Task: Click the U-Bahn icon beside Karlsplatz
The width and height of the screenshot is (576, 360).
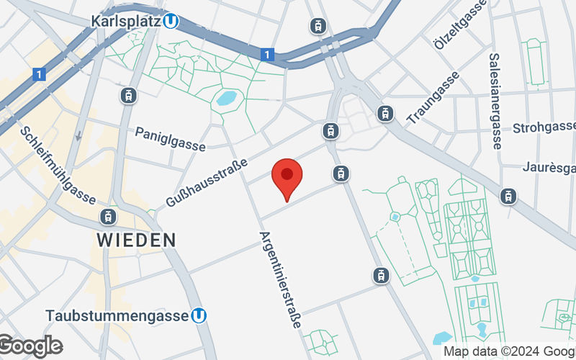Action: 171,22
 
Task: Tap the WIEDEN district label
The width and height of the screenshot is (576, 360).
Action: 137,239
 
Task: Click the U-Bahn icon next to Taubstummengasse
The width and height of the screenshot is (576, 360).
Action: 200,315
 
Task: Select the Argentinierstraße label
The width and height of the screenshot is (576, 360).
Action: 279,281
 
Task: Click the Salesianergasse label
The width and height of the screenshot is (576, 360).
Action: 495,101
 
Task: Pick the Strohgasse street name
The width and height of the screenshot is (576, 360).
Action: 544,129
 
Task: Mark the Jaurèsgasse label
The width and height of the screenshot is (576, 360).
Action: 550,168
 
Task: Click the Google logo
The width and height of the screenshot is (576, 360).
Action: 30,346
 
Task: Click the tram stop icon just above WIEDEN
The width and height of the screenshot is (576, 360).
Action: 108,216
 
